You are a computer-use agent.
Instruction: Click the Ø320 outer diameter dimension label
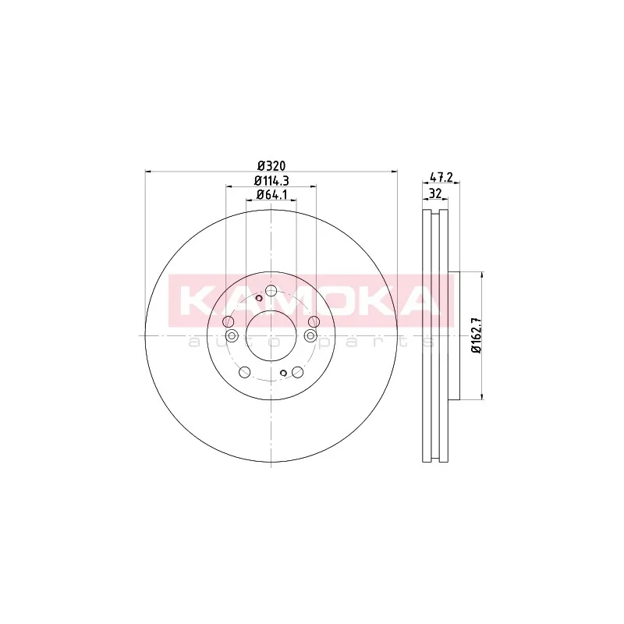click(271, 165)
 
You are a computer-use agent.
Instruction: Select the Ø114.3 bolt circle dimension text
click(271, 181)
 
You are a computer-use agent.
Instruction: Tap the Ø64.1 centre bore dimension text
click(271, 194)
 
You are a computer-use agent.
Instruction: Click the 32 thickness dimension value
click(436, 193)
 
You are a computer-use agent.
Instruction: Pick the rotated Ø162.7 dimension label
click(477, 335)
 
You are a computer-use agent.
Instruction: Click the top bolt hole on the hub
click(271, 291)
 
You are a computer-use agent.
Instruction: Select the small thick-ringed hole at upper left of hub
click(259, 298)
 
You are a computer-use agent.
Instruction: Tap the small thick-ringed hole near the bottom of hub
click(283, 373)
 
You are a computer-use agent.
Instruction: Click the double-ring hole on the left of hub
click(232, 336)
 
